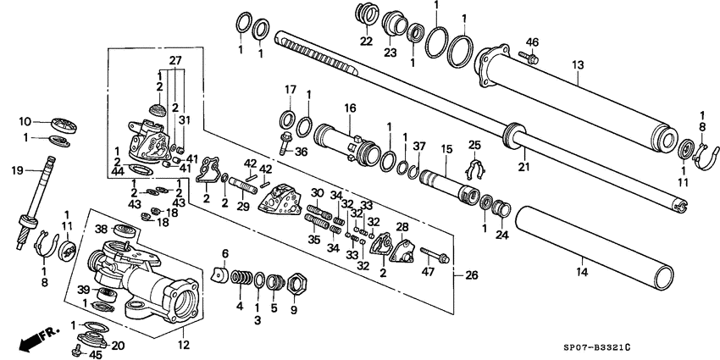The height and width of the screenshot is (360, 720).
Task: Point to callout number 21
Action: [524, 169]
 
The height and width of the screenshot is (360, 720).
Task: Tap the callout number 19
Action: [17, 171]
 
